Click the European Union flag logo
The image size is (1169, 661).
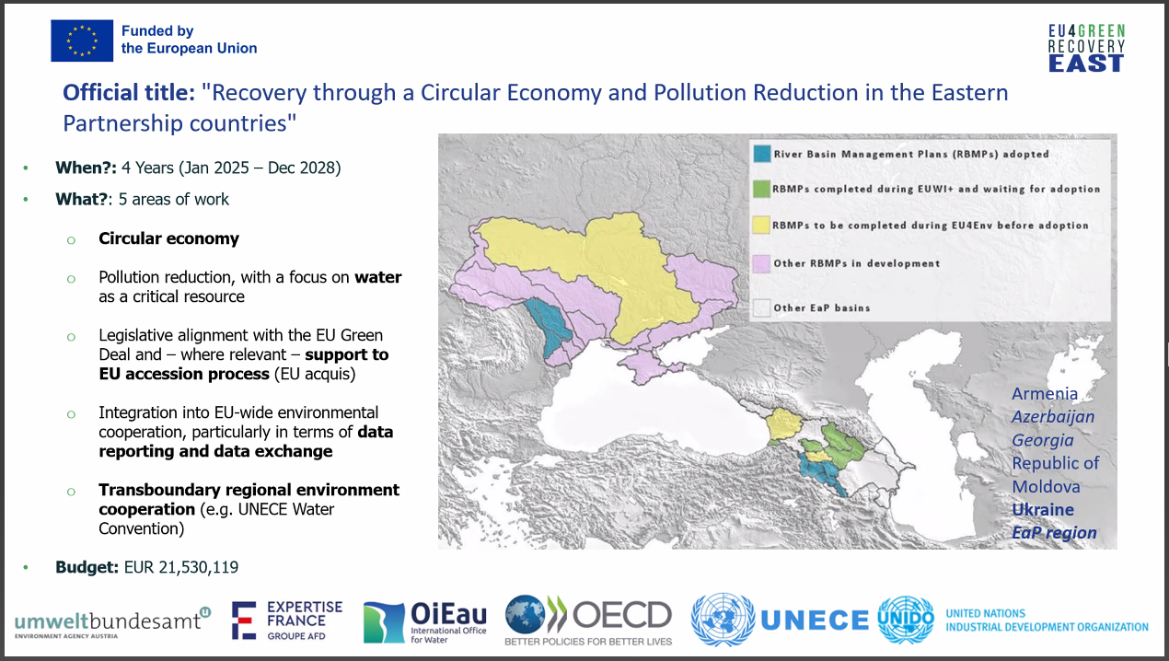82,41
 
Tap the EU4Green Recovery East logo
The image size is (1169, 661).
1086,48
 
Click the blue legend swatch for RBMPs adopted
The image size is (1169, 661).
762,154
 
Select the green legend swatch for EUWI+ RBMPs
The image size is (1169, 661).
761,189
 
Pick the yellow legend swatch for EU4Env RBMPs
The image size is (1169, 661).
761,225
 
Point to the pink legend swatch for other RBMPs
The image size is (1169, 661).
761,263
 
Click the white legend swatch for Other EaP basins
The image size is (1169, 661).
761,307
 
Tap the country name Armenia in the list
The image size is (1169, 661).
1045,394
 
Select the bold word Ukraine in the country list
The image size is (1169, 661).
1043,510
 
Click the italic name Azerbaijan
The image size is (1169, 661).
1053,417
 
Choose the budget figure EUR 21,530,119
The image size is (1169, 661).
181,567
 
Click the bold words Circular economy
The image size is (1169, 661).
168,238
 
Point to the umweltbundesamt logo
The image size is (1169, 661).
112,622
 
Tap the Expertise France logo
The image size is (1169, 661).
287,620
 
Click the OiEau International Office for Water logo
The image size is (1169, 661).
425,622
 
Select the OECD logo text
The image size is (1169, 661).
622,615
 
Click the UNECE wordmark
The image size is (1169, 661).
815,620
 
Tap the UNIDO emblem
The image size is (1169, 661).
906,620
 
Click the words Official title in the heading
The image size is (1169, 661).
129,93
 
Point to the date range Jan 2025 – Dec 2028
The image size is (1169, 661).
260,168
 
